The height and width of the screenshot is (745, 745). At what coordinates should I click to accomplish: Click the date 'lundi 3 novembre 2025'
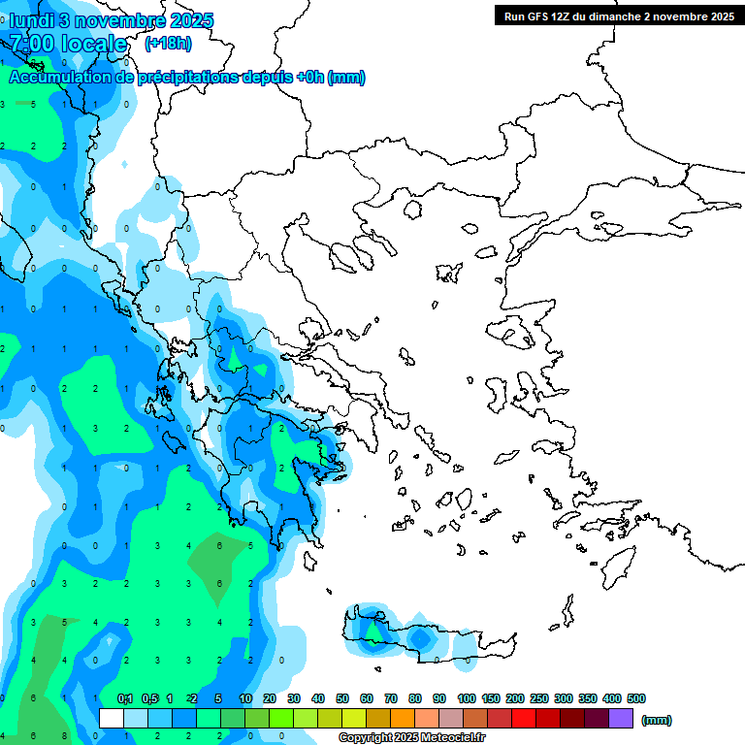coord(111,20)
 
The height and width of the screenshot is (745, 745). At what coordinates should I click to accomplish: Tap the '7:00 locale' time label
coord(69,44)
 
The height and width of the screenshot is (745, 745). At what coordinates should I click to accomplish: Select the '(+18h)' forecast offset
coord(168,44)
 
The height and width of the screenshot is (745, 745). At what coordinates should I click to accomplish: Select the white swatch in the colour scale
coord(112,719)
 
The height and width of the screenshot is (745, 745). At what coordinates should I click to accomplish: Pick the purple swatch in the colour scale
coord(621,719)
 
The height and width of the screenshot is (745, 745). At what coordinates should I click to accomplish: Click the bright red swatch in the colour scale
coord(524,719)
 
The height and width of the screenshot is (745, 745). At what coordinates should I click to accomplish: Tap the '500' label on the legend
coord(636,698)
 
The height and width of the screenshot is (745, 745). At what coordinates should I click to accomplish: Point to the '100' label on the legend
coord(467,698)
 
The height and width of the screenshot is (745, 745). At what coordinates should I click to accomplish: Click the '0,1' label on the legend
coord(125,698)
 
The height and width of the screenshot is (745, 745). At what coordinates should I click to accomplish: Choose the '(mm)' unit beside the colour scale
coord(657,720)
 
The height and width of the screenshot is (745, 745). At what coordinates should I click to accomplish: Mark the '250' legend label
coord(540,698)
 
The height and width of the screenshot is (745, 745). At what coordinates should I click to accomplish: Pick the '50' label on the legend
coord(342,698)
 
